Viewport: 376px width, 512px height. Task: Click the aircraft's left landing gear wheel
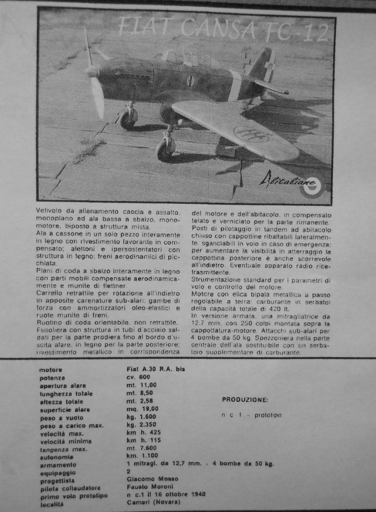pyautogui.click(x=127, y=120)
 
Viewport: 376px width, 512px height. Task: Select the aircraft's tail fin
pyautogui.click(x=264, y=65)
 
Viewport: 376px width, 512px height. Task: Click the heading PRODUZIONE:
pyautogui.click(x=245, y=400)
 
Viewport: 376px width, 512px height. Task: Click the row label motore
pyautogui.click(x=51, y=370)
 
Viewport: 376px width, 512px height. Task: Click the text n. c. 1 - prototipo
pyautogui.click(x=251, y=415)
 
